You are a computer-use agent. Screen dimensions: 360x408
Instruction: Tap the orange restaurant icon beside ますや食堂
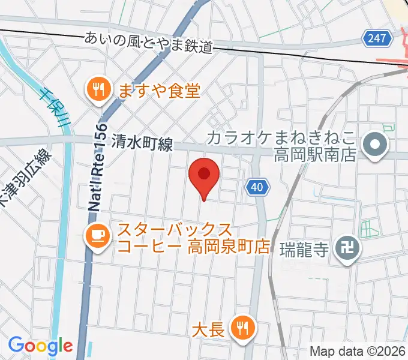[x=97, y=90]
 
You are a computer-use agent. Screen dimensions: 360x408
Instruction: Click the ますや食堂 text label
[x=158, y=91]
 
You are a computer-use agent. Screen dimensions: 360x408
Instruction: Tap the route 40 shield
[x=256, y=188]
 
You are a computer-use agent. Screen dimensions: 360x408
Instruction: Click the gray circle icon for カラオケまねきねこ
[x=376, y=144]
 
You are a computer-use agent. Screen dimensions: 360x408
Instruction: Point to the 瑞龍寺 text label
[x=304, y=248]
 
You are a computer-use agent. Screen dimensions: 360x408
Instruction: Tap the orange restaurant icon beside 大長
[x=243, y=328]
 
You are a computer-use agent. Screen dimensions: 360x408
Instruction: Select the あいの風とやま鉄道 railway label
[x=149, y=42]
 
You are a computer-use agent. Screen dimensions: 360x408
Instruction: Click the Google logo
[x=40, y=346]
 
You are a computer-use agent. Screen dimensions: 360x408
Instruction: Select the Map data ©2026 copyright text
[x=356, y=351]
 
